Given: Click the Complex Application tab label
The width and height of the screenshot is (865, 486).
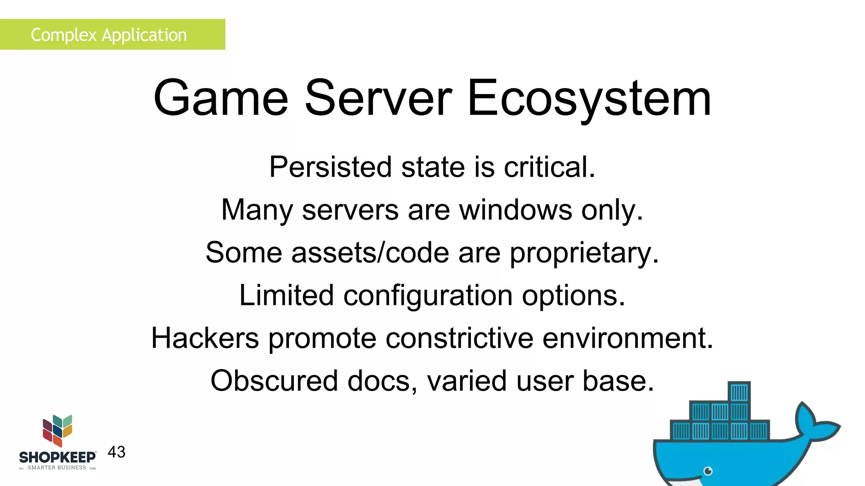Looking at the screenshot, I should pos(109,35).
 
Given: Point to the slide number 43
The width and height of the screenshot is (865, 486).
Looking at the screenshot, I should pos(117,452).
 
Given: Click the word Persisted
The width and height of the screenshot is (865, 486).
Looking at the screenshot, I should pos(331,167).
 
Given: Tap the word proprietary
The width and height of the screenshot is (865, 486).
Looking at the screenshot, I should pos(584,253).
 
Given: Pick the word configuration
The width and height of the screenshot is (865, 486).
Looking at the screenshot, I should pos(428,295).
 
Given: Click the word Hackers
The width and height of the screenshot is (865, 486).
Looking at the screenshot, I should pos(205,338).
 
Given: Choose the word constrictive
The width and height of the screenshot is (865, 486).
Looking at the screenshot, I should pos(460,338).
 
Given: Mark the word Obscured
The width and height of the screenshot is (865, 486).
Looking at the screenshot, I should pos(274,381).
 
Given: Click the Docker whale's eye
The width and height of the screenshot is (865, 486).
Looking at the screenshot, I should pos(708,471).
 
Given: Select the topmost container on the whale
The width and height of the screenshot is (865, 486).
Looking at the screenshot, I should pos(739,392).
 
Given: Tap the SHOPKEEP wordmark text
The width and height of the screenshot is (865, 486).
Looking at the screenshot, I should pos(57,457).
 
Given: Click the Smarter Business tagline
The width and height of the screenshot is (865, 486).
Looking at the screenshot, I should pos(57,467).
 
